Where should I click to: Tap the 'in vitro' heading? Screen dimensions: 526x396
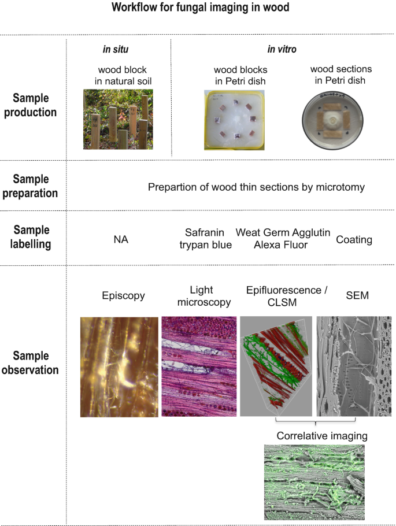[x=282, y=50]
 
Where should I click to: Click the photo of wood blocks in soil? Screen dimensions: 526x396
[x=118, y=119]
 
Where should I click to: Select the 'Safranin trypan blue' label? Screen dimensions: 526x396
[x=208, y=239]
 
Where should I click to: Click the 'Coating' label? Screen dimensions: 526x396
[x=354, y=239]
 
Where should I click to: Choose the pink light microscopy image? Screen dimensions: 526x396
[x=199, y=366]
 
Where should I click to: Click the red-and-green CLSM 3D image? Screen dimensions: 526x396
[x=276, y=366]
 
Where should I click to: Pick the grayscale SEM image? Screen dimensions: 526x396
[x=354, y=366]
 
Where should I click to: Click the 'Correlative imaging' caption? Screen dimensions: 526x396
[x=321, y=435]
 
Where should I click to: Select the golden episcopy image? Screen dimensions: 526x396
[x=119, y=366]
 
